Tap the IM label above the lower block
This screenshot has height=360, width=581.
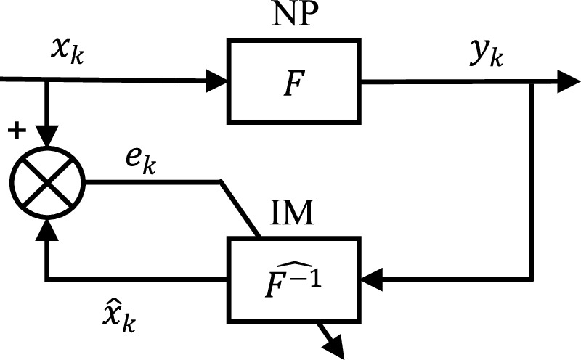pyautogui.click(x=296, y=216)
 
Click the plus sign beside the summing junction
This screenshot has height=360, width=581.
pyautogui.click(x=14, y=131)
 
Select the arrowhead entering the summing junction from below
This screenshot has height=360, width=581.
pyautogui.click(x=48, y=228)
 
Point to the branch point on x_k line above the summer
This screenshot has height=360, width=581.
pyautogui.click(x=48, y=81)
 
